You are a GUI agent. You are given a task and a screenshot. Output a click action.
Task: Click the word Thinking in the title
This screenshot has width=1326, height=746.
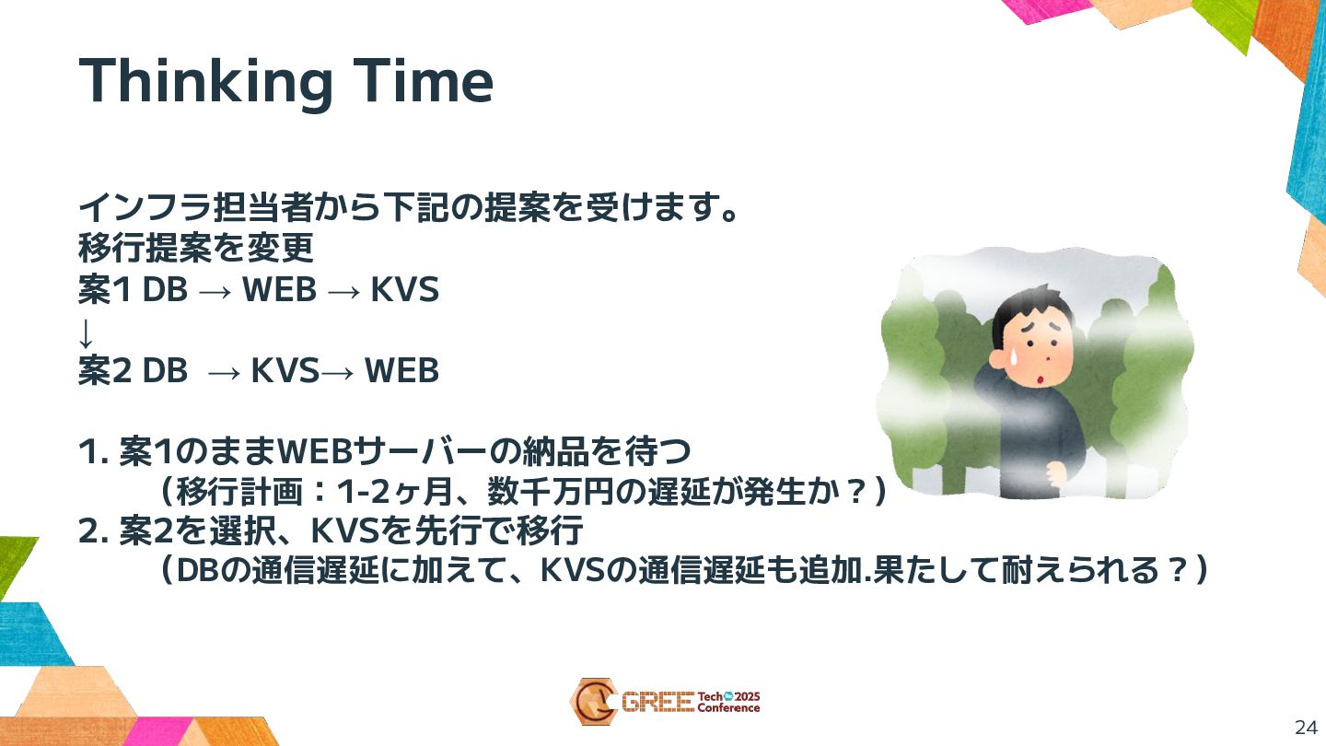click(x=204, y=83)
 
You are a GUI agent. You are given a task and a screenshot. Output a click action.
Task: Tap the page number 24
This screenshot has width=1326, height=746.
click(x=1306, y=728)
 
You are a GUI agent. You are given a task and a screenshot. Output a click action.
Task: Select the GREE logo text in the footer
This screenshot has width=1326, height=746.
click(x=657, y=702)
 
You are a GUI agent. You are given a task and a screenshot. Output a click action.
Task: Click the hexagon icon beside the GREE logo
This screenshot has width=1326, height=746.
click(x=594, y=702)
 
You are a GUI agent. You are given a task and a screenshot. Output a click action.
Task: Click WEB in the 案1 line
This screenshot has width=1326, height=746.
click(x=279, y=289)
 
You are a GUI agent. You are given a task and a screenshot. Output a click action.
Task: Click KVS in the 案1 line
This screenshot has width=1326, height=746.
click(x=405, y=289)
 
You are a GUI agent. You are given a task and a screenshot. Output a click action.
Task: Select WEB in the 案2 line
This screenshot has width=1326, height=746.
click(x=401, y=370)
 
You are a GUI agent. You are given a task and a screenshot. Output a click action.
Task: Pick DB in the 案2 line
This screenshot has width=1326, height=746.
click(x=165, y=370)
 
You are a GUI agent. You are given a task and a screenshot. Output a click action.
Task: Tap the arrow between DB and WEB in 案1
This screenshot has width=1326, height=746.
click(x=215, y=291)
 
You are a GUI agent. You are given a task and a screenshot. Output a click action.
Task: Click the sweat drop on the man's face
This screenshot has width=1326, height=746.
click(x=1011, y=358)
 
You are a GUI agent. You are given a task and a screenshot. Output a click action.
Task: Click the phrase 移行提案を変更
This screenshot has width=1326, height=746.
click(x=196, y=248)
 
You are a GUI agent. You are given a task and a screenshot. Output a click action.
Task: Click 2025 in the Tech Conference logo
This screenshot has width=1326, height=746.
click(x=747, y=697)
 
